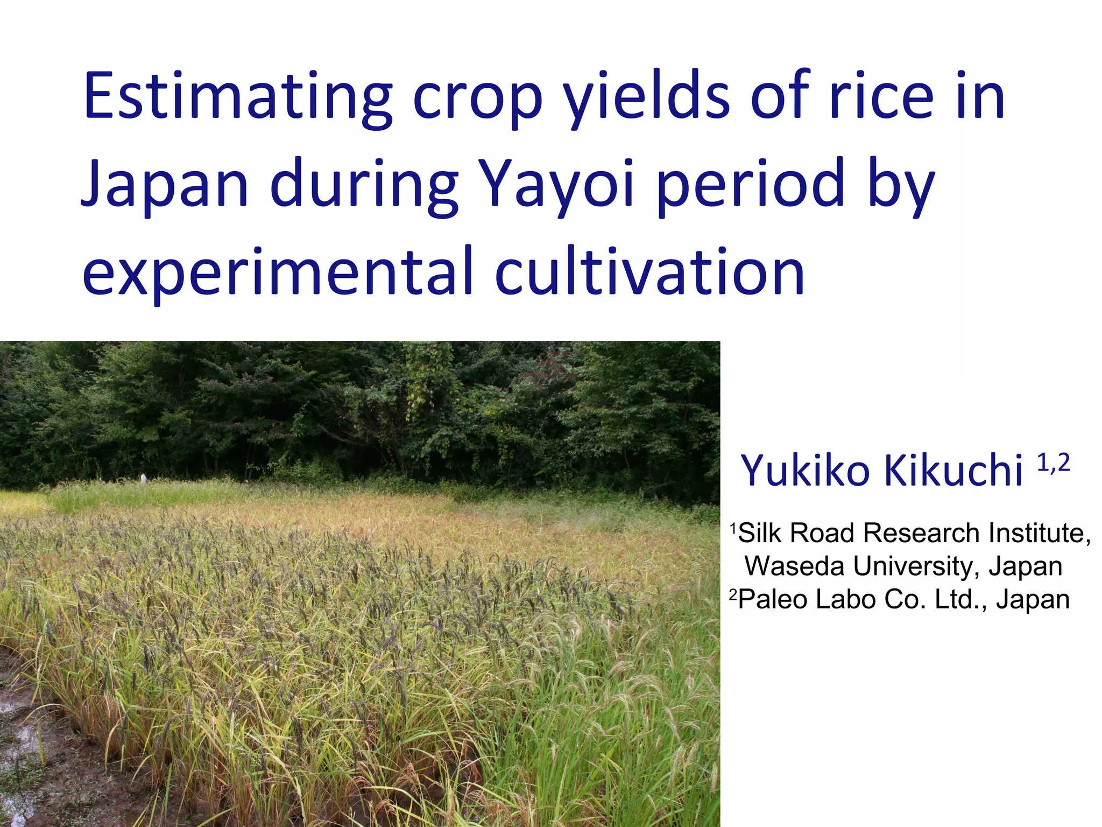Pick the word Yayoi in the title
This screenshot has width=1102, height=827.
click(x=557, y=186)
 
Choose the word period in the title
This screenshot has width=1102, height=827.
click(x=751, y=186)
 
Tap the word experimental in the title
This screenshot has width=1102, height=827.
click(x=277, y=274)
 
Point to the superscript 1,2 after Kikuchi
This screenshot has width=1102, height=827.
click(x=1053, y=462)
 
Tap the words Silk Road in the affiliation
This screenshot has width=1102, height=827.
click(x=796, y=533)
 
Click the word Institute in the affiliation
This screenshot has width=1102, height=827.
click(x=1039, y=533)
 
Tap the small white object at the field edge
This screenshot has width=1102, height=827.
click(x=143, y=478)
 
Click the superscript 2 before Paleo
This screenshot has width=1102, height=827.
click(x=733, y=594)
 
